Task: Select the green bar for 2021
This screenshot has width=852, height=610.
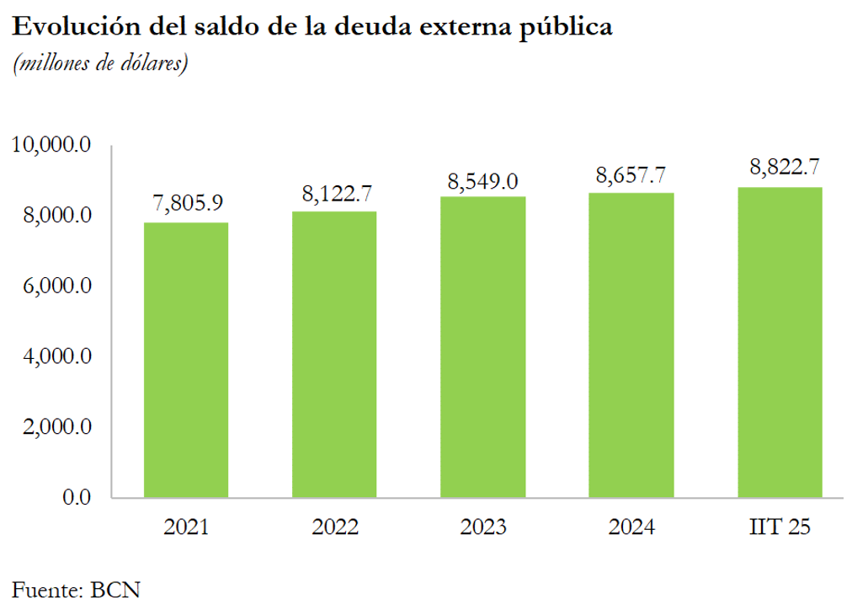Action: point(186,360)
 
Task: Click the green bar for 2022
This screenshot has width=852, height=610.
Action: point(334,354)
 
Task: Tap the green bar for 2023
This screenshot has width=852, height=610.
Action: point(483,346)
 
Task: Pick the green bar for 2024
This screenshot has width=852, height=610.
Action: point(631,345)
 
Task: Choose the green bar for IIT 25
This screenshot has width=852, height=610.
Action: point(780,342)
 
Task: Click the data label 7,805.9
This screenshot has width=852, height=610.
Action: point(186,204)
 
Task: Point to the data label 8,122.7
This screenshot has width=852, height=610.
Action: point(335,193)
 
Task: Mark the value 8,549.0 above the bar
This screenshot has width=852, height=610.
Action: point(483,179)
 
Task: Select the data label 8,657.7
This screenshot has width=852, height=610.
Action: point(631,175)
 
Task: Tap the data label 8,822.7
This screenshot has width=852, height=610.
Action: point(780,167)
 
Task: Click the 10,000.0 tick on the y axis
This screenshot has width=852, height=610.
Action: point(51,146)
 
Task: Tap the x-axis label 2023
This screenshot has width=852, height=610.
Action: point(483,528)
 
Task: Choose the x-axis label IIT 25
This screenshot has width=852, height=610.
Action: point(780,528)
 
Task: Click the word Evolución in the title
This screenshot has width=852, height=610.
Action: point(66,28)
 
